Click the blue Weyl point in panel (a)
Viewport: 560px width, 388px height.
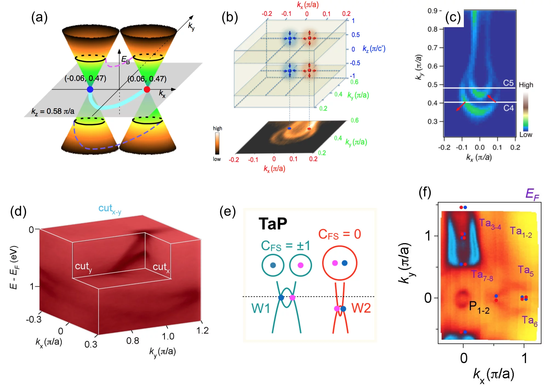[x=90, y=89]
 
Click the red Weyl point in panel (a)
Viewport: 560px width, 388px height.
[x=147, y=89]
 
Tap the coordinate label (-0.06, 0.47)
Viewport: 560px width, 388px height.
[x=85, y=78]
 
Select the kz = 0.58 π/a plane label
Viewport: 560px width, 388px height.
[x=53, y=111]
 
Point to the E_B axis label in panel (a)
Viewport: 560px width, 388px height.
[x=125, y=60]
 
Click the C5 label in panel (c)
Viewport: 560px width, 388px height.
[x=508, y=83]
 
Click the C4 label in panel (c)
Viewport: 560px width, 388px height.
[x=508, y=108]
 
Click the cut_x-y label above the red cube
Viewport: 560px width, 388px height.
[x=110, y=209]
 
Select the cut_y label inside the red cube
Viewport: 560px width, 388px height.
[x=83, y=266]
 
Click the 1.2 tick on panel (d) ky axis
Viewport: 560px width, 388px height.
[x=202, y=330]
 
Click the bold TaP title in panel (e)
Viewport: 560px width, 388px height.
[x=273, y=224]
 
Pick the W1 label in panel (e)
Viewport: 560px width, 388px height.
[x=261, y=308]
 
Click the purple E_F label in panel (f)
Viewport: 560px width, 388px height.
[x=532, y=194]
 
